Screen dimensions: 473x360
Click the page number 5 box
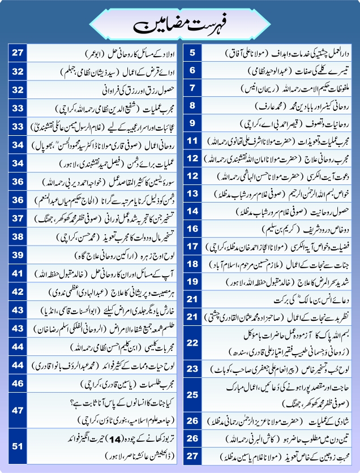(193, 54)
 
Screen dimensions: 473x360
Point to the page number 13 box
(193, 193)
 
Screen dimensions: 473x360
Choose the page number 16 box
(193, 229)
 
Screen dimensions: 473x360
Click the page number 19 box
(193, 281)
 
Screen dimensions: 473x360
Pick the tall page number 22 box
(193, 343)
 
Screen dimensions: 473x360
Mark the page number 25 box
(193, 395)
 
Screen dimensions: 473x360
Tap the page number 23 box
(193, 369)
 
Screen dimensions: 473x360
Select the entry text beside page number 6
(277, 71)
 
